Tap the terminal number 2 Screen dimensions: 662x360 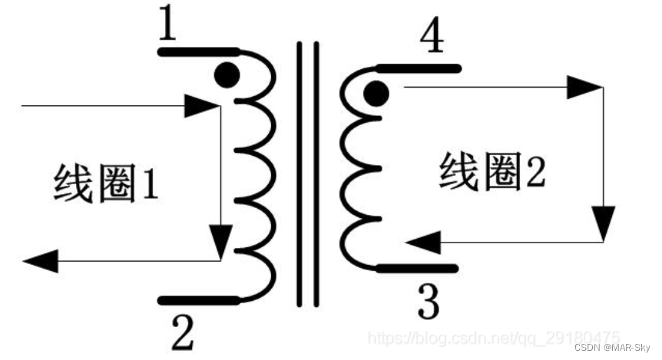tap(183, 332)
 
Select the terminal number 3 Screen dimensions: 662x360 tap(428, 304)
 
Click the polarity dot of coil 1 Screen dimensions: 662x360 tap(226, 74)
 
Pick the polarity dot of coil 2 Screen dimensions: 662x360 tap(376, 94)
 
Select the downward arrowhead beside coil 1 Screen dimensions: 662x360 tap(221, 241)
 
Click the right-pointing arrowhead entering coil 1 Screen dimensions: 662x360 tap(201, 106)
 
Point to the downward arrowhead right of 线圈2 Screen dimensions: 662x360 tap(604, 223)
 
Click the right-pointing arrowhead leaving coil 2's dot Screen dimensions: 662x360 tap(583, 88)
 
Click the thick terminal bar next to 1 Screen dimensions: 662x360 tap(196, 52)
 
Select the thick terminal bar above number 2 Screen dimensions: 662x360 tap(197, 299)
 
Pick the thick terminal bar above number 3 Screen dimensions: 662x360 tap(419, 269)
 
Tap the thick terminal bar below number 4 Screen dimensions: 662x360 tap(419, 69)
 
